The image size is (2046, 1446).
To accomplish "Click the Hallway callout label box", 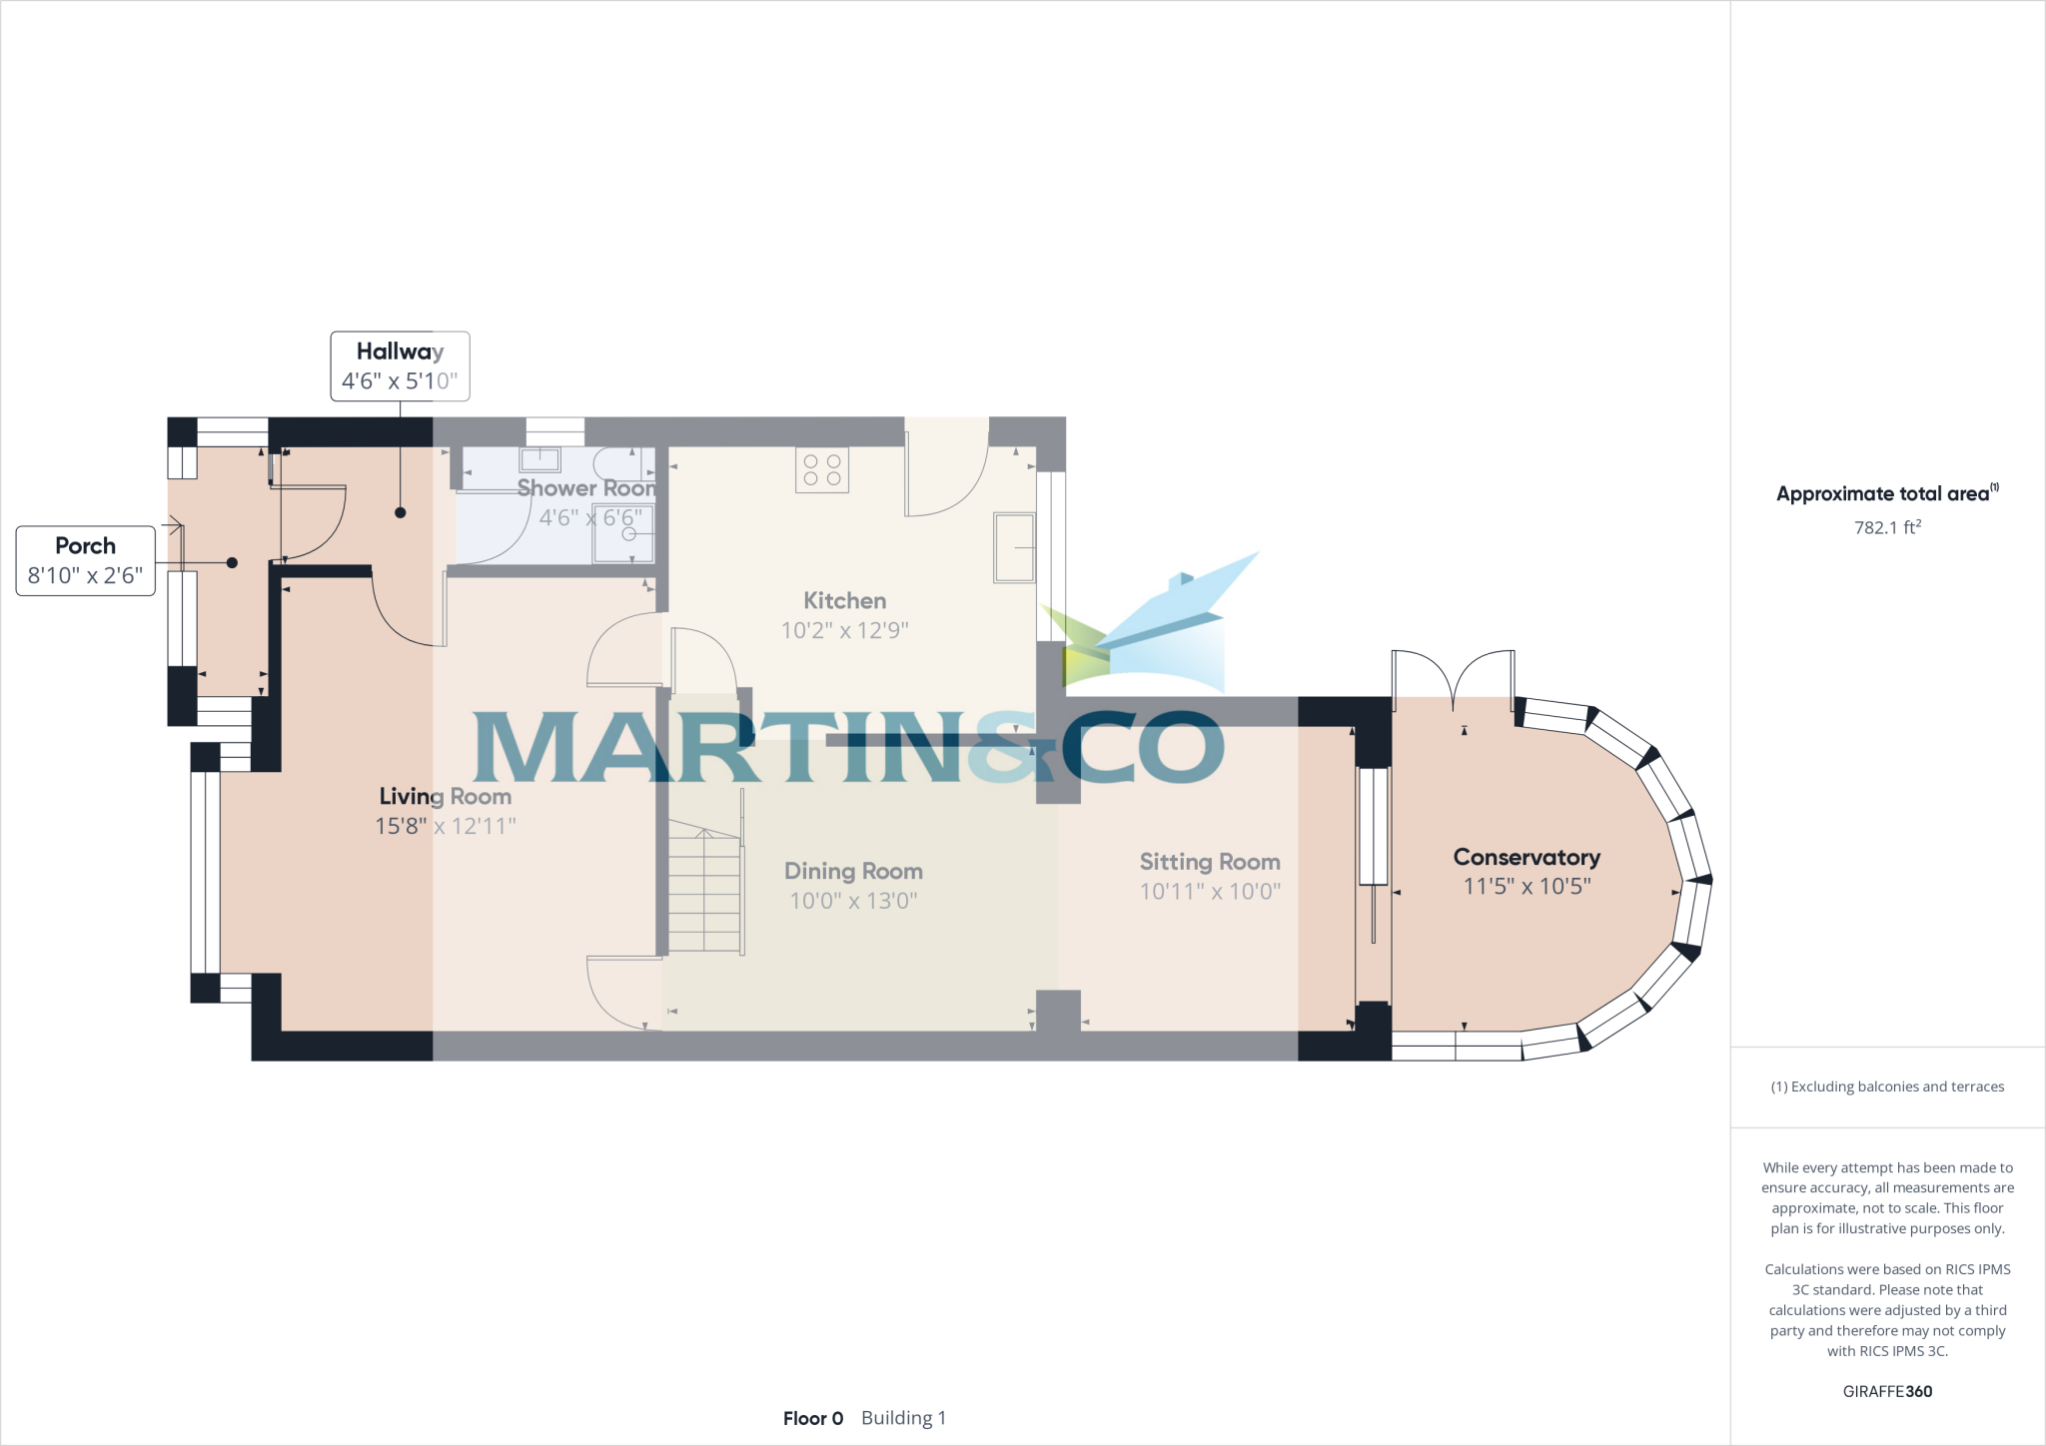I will pos(400,365).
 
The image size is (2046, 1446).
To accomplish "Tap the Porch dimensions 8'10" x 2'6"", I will pos(85,575).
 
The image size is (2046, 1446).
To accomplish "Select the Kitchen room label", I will pos(844,600).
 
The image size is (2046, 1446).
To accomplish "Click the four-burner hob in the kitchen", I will pos(822,469).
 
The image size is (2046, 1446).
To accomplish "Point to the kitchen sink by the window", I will pos(1014,547).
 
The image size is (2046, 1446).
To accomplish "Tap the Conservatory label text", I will pos(1526,857).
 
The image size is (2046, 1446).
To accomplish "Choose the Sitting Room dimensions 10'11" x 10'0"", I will pos(1210,891).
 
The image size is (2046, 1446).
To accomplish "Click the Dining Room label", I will pos(853,871).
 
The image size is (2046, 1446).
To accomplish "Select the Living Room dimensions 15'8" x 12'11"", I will pos(445,826).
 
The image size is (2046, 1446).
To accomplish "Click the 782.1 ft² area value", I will pos(1887,527).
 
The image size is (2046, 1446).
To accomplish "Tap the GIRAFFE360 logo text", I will pos(1887,1391).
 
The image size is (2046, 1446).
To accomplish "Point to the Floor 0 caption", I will pos(813,1418).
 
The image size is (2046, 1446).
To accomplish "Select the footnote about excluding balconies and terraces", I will pos(1887,1086).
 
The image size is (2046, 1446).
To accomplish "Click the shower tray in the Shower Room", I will pos(624,533).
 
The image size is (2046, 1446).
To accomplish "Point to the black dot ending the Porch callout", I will pos(232,563).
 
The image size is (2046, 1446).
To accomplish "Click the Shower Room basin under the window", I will pos(539,459).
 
